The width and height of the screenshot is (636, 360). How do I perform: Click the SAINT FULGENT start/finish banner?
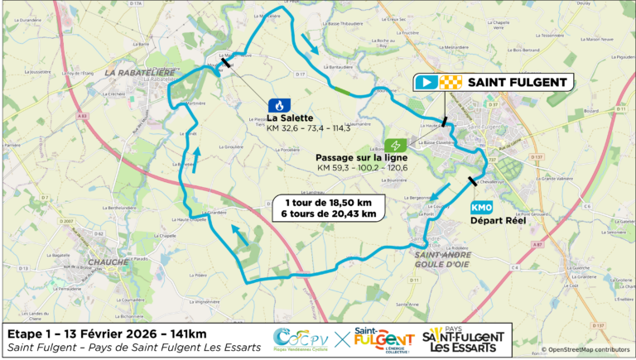coord(494,82)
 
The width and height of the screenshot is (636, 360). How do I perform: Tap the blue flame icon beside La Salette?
coord(279,105)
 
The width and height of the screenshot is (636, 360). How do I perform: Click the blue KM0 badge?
coord(481,208)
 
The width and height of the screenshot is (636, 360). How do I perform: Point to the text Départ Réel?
coord(493,221)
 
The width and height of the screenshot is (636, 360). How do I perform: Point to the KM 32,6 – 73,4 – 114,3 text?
coord(308,128)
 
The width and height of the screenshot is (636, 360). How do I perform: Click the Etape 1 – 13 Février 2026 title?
coord(106,333)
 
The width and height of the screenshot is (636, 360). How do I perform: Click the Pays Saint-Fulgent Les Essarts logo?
coord(463,339)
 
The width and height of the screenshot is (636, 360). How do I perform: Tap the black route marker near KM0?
coord(473,182)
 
